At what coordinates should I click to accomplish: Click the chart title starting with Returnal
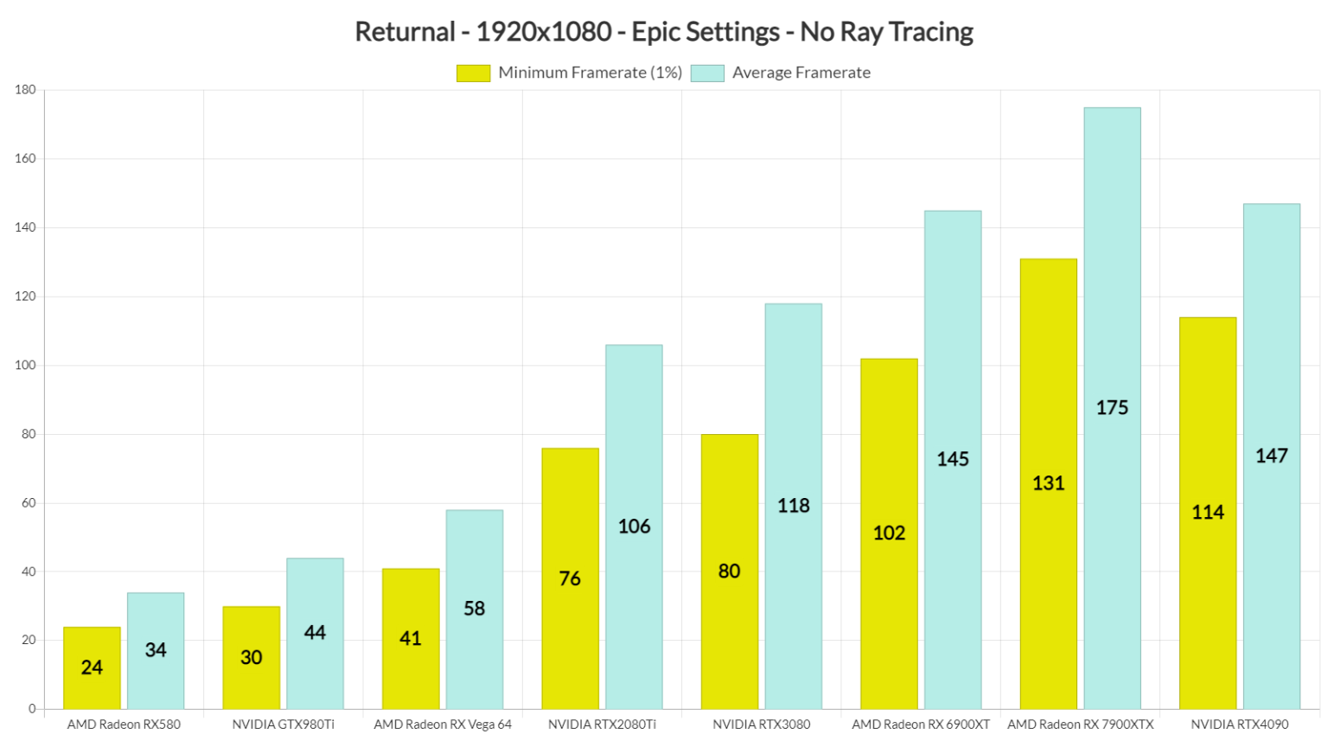[x=664, y=32]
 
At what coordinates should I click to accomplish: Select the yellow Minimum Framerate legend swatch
[x=473, y=73]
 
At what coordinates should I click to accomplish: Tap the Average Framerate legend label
[x=801, y=73]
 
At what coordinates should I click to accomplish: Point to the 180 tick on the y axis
[x=25, y=90]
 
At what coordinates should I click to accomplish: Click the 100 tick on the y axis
[x=25, y=366]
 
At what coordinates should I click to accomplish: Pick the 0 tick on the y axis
[x=32, y=709]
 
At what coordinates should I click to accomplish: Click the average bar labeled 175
[x=1112, y=408]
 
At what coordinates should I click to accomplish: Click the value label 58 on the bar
[x=474, y=609]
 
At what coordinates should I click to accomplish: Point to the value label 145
[x=953, y=459]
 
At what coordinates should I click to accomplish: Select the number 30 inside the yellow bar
[x=251, y=658]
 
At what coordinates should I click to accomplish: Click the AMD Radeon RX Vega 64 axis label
[x=443, y=725]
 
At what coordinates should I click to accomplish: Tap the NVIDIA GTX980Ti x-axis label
[x=283, y=725]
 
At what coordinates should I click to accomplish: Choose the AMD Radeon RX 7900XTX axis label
[x=1080, y=725]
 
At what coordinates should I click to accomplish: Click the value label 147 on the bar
[x=1272, y=456]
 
